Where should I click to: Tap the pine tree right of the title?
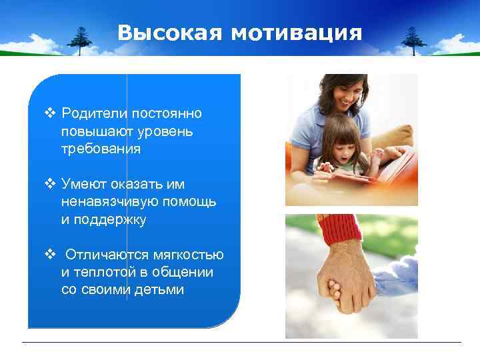[413, 39]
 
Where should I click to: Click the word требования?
[101, 149]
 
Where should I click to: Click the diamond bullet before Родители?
[49, 113]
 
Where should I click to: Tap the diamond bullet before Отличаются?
[49, 255]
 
